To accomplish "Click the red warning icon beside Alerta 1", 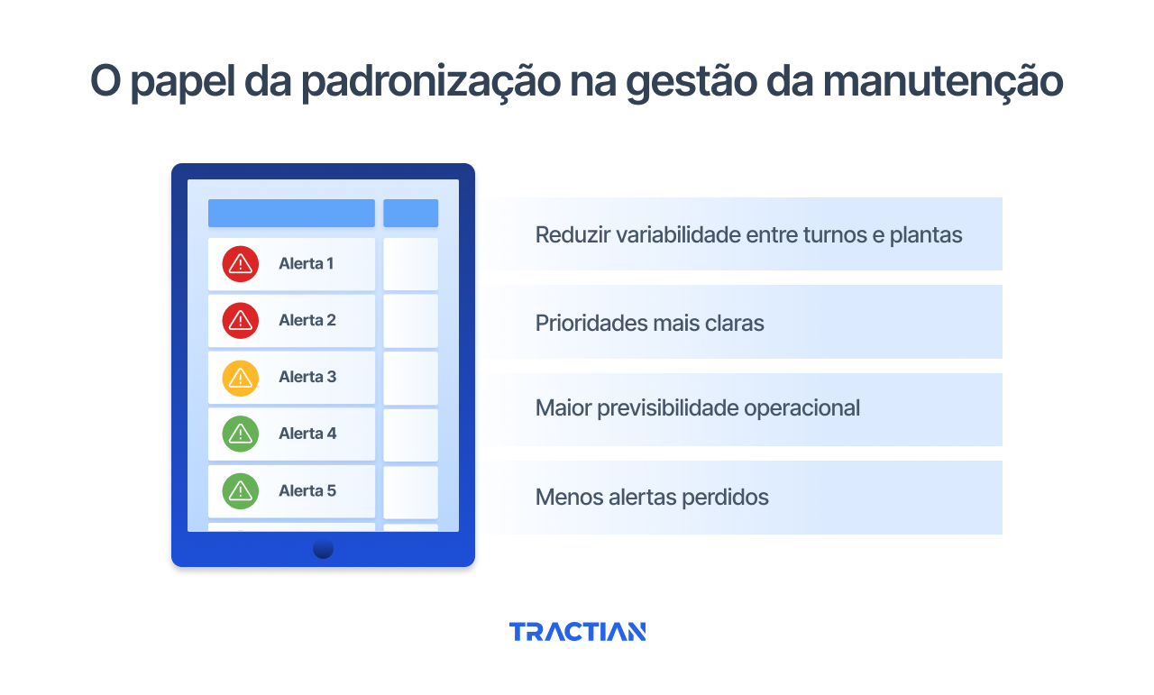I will [x=240, y=264].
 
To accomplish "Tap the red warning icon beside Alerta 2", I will [x=240, y=320].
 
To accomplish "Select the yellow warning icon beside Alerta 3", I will [x=240, y=378].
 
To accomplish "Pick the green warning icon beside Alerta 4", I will [x=240, y=434].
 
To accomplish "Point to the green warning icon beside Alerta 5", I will [x=240, y=490].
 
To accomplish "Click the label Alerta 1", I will [x=307, y=264].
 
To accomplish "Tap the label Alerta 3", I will [x=307, y=377].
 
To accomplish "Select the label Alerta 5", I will [x=307, y=490].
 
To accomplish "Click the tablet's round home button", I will [x=323, y=548].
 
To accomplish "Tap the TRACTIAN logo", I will [x=577, y=632].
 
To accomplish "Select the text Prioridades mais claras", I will [x=649, y=323].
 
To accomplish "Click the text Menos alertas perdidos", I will [x=652, y=497].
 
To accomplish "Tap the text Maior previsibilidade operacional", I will [x=697, y=408].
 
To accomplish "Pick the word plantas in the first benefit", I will [x=926, y=235].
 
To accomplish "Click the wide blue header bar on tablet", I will [x=291, y=213].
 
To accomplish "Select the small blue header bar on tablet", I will [x=410, y=213].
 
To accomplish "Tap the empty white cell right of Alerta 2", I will [x=410, y=321].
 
